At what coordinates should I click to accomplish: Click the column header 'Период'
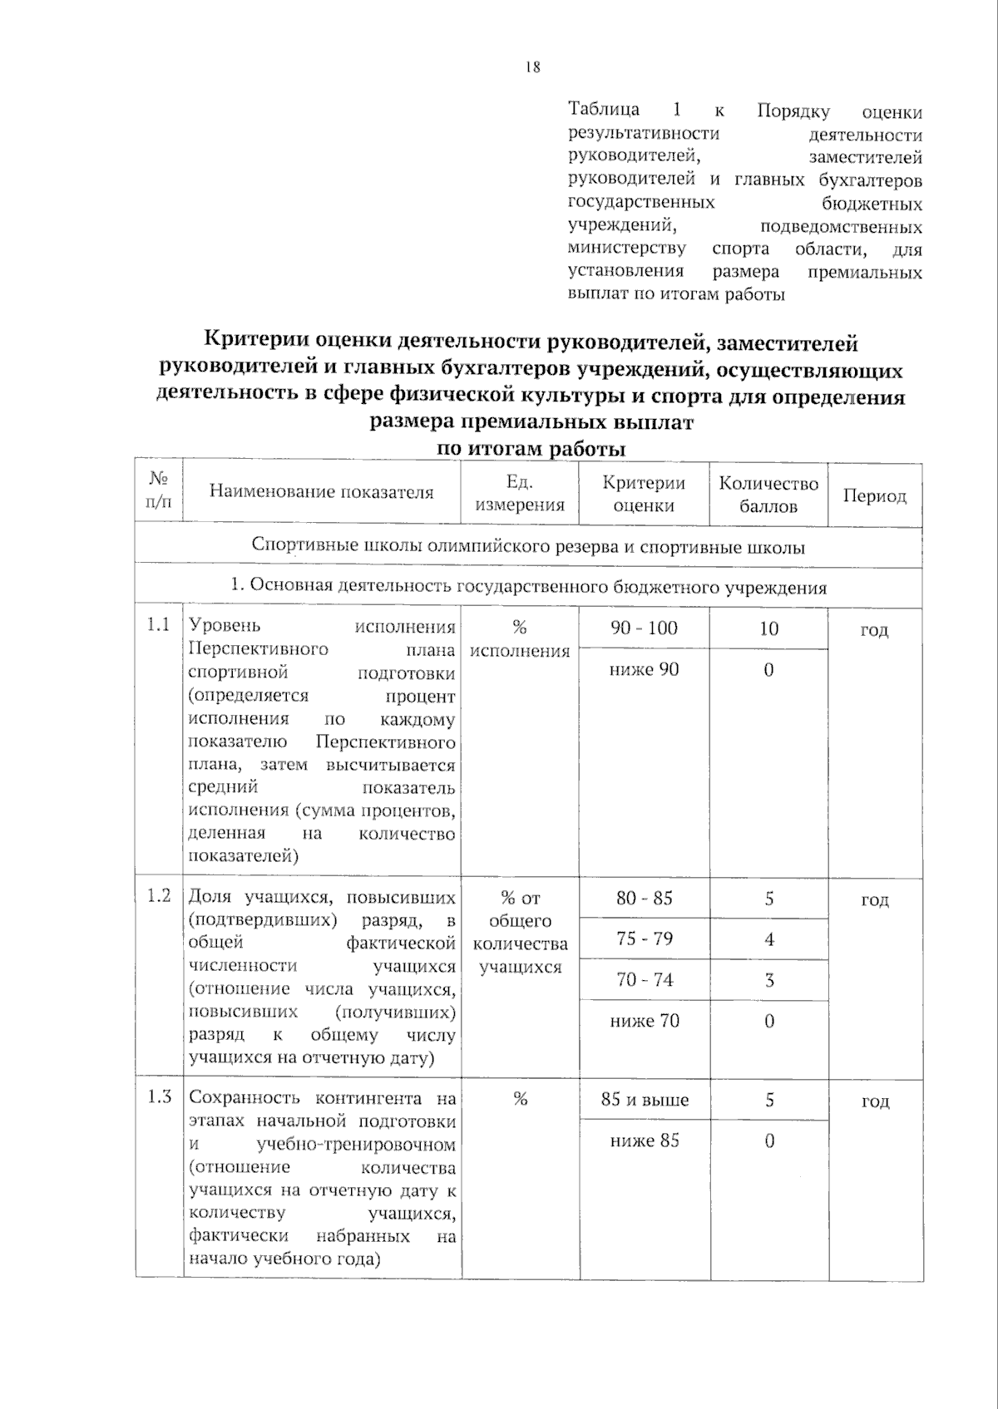click(x=874, y=496)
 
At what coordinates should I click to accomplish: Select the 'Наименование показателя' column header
click(x=321, y=492)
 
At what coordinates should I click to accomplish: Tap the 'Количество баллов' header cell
click(x=768, y=495)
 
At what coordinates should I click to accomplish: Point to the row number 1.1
click(x=158, y=625)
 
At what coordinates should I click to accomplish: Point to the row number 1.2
click(x=158, y=895)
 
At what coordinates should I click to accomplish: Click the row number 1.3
click(x=158, y=1097)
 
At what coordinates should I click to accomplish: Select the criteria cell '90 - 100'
click(x=644, y=628)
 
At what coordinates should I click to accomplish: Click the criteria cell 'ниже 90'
click(x=644, y=669)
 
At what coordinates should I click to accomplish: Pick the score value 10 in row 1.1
click(x=768, y=629)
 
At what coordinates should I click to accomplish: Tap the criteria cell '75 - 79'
click(x=645, y=939)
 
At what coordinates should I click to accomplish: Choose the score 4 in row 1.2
click(x=769, y=939)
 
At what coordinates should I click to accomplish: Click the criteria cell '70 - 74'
click(x=645, y=980)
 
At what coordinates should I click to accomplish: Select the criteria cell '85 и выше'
click(x=645, y=1100)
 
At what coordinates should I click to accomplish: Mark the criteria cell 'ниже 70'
click(x=645, y=1021)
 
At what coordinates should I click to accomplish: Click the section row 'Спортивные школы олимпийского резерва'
click(x=528, y=547)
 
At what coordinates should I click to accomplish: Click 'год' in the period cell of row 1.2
click(x=874, y=899)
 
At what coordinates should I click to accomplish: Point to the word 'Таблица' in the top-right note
click(x=604, y=110)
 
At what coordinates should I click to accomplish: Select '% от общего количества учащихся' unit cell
click(x=520, y=932)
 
